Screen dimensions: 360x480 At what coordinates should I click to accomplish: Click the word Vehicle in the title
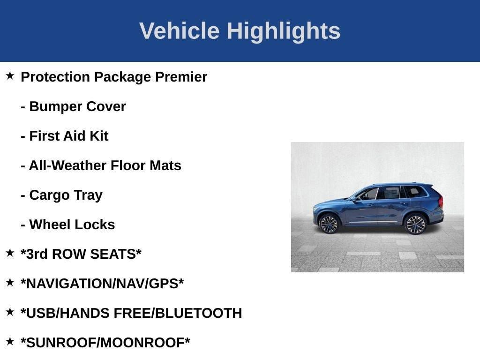tap(179, 31)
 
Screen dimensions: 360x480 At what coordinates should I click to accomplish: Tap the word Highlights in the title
tap(284, 31)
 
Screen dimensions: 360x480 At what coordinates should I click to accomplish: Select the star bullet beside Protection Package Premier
tap(10, 75)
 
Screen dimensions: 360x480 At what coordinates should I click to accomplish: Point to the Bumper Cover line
tap(73, 106)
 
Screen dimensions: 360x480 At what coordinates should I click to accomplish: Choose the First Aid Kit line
tap(65, 136)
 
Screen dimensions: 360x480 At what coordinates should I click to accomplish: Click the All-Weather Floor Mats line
tap(101, 165)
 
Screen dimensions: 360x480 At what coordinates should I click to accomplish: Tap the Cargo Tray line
tap(61, 195)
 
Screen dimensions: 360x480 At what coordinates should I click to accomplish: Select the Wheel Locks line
tap(68, 225)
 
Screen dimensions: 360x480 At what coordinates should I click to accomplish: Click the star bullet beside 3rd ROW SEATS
tap(10, 253)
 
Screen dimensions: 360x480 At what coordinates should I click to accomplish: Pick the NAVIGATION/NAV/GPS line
tap(102, 284)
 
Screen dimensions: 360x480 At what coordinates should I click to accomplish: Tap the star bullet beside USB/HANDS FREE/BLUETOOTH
tap(10, 312)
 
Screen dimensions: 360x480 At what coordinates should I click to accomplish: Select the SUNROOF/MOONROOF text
tap(105, 343)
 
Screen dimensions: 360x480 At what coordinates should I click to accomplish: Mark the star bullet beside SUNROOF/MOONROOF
tap(10, 341)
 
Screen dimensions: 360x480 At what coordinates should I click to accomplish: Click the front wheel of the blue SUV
tap(329, 224)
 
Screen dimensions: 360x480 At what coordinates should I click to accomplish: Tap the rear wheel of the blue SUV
tap(415, 224)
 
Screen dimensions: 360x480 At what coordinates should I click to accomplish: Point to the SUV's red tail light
tap(440, 202)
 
